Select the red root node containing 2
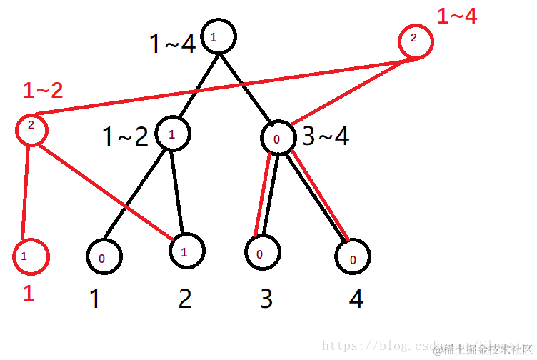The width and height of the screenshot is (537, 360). click(x=415, y=42)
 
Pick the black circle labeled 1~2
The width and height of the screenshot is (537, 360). click(x=171, y=134)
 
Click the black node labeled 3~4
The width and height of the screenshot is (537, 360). click(x=276, y=138)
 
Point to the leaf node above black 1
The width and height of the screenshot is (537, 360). click(x=104, y=256)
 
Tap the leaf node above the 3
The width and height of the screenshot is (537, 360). click(x=261, y=252)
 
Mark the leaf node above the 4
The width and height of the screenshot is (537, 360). click(x=353, y=256)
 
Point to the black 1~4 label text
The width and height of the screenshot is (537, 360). click(x=171, y=44)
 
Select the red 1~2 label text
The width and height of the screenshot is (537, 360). click(x=43, y=91)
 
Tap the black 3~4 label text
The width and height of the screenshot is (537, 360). click(x=326, y=136)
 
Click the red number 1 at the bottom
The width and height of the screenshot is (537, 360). click(x=29, y=293)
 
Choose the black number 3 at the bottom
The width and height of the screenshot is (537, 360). click(x=266, y=299)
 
